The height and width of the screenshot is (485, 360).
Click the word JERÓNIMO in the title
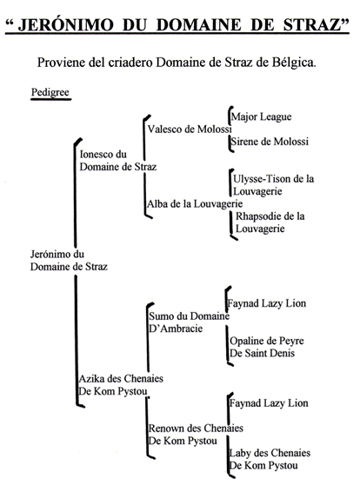coord(65,24)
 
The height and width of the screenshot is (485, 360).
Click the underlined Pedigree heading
coord(50,92)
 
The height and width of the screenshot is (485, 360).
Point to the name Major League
coord(261,117)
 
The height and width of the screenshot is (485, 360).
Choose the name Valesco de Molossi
coord(190,129)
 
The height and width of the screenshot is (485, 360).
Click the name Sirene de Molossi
coord(270,142)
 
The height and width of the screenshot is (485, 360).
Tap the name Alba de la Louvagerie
coord(195,204)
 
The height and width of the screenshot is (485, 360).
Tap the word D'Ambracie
coord(176,329)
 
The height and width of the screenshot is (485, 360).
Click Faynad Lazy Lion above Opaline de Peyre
coord(267,303)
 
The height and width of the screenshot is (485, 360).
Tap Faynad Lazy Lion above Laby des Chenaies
coord(269,403)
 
